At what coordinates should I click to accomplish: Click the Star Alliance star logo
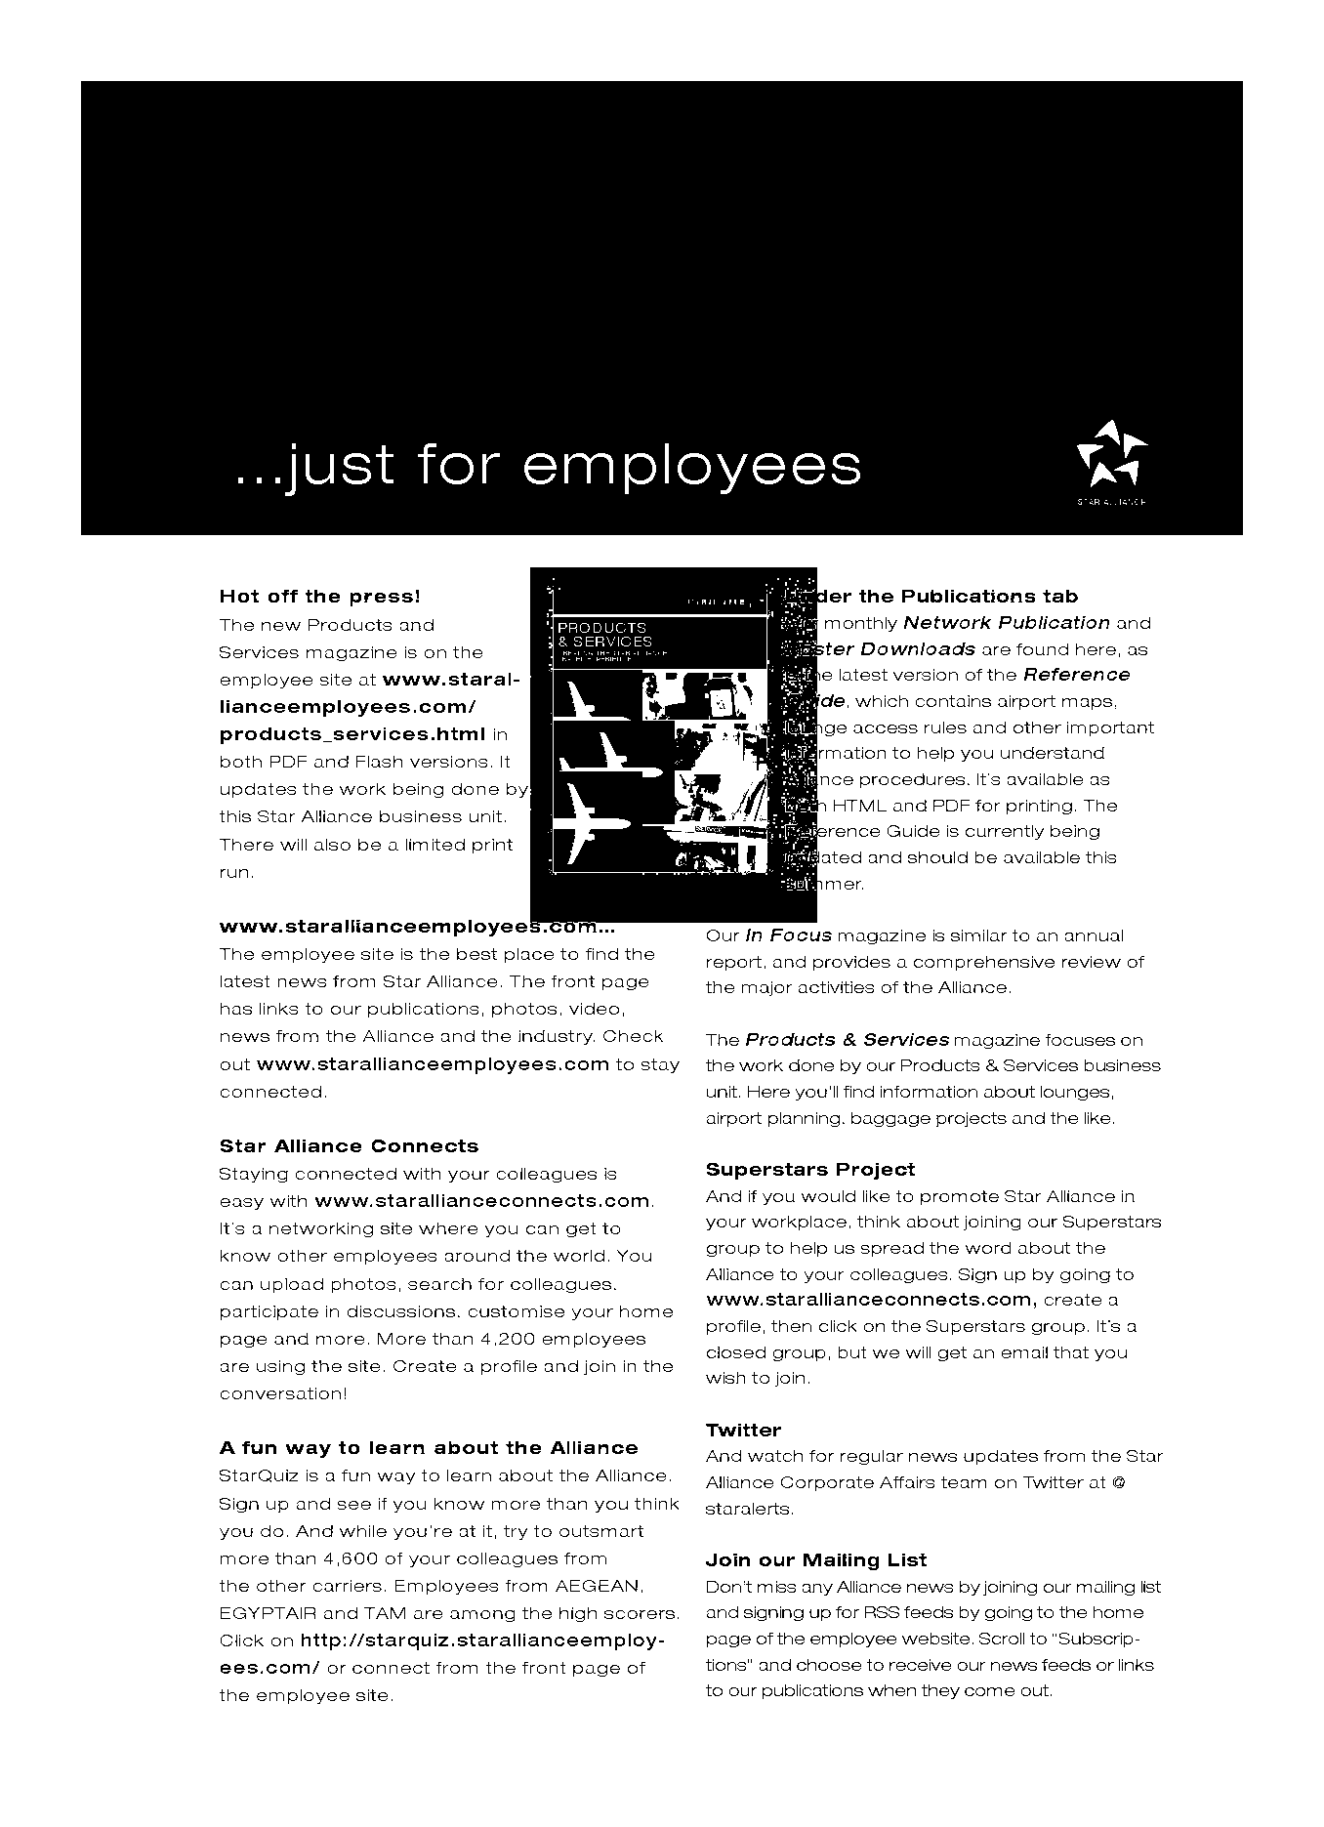1111,455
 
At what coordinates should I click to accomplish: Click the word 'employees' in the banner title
692,465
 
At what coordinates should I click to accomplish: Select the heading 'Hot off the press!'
319,597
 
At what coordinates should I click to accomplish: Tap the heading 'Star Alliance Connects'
349,1146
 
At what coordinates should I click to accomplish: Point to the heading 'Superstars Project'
809,1170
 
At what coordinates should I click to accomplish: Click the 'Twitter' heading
743,1431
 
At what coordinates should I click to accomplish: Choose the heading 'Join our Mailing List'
815,1560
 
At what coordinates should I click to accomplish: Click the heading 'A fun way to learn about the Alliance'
428,1448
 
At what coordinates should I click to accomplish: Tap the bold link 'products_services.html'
352,734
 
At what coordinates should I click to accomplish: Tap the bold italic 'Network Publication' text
1006,623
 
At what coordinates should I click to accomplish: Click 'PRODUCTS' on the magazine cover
601,627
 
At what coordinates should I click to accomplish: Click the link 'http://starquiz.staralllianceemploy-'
482,1640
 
